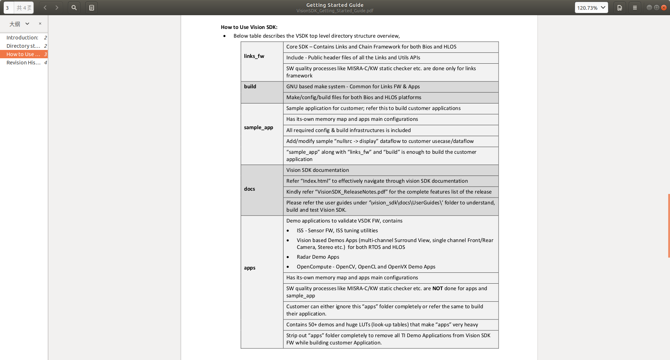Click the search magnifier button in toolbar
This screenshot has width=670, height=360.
pos(74,8)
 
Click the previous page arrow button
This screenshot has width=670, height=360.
pos(45,8)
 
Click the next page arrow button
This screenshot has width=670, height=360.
pos(57,8)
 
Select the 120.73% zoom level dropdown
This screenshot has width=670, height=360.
pos(591,8)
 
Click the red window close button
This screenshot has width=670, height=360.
pos(664,8)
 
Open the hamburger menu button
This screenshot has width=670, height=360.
pos(635,8)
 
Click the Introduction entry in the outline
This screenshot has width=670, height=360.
pos(22,38)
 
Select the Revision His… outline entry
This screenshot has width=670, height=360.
pos(23,63)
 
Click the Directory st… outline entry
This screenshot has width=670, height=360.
pos(23,46)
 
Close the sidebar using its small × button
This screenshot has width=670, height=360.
pos(40,24)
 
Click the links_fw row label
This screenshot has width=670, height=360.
pos(254,56)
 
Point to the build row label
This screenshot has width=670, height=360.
pos(250,86)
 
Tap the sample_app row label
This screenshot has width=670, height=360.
pos(259,127)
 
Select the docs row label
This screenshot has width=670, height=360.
pos(249,189)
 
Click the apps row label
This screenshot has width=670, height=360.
pos(249,268)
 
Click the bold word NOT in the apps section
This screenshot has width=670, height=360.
pos(438,288)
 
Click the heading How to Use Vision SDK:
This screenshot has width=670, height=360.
pos(249,27)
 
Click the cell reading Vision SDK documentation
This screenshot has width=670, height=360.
pos(317,170)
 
